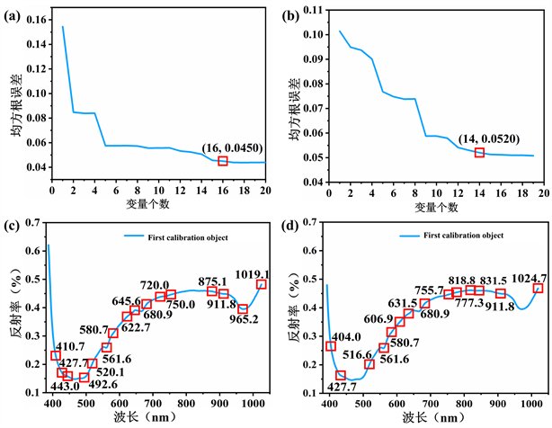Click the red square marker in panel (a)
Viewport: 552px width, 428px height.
[223, 161]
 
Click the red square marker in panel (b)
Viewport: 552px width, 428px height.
[479, 153]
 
